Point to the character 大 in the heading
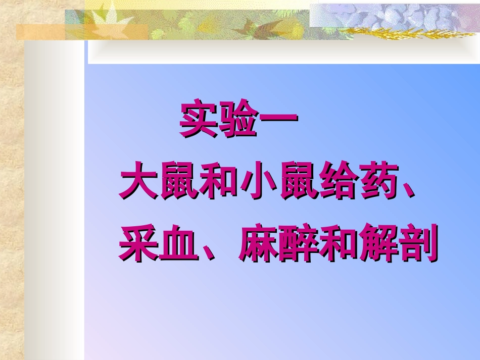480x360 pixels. click(x=137, y=183)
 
